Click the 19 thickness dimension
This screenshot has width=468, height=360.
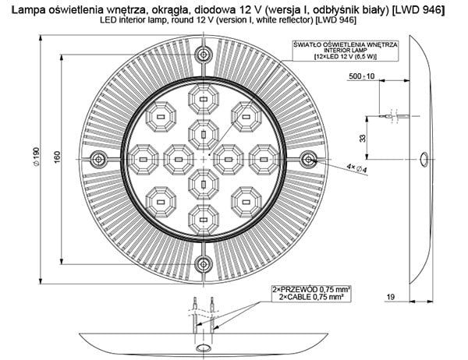pos(391,295)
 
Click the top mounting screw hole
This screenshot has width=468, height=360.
pos(204,55)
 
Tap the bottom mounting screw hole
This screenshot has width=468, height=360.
pos(204,263)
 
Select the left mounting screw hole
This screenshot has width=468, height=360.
pos(99,160)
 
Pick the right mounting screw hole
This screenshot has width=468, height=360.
pos(309,160)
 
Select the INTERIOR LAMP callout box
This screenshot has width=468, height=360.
pos(344,51)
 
